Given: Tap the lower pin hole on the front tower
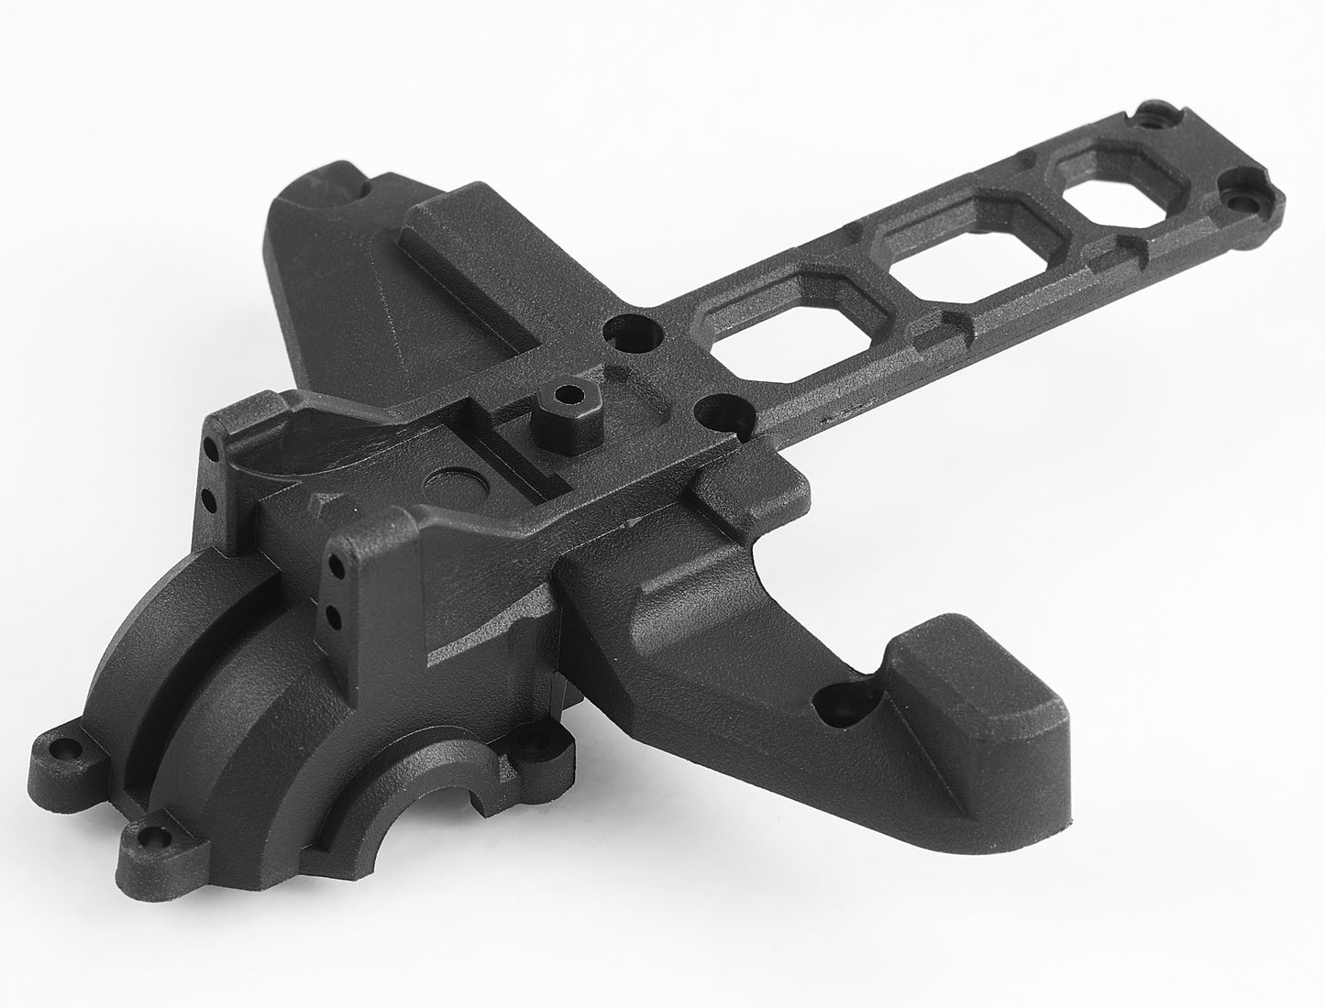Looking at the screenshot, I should click(336, 614).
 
